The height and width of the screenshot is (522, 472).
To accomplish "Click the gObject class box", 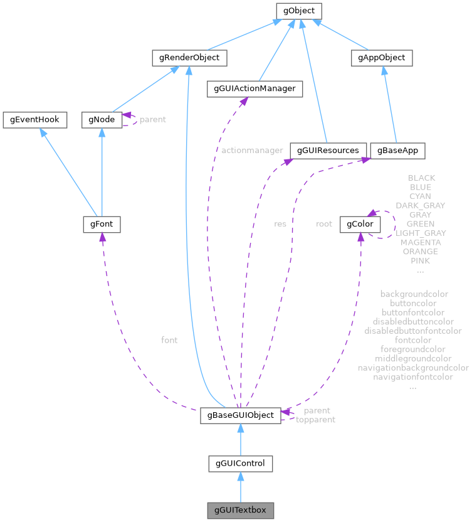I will click(299, 11).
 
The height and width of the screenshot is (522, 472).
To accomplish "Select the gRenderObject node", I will click(189, 58).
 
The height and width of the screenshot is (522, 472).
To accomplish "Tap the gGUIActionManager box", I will click(255, 89).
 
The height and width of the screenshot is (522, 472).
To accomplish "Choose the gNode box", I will click(102, 119).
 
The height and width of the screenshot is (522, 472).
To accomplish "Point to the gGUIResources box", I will click(328, 151).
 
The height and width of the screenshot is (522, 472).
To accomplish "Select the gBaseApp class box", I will click(397, 151).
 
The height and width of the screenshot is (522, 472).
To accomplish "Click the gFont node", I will click(102, 223).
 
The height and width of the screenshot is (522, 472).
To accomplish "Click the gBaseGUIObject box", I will click(241, 415).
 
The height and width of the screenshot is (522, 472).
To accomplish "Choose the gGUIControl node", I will click(241, 464).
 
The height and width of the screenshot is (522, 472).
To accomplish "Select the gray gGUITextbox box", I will click(241, 510).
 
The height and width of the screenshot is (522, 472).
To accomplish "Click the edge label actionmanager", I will click(252, 151).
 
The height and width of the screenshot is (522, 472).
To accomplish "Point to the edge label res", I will click(280, 223).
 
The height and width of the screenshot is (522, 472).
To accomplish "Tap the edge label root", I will click(324, 223).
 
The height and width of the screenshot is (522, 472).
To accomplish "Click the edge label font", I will click(169, 340).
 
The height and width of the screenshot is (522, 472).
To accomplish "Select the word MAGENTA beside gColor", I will click(421, 242).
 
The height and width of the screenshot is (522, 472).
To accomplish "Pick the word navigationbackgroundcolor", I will click(413, 368).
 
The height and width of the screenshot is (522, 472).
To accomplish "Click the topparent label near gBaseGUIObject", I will click(315, 420).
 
